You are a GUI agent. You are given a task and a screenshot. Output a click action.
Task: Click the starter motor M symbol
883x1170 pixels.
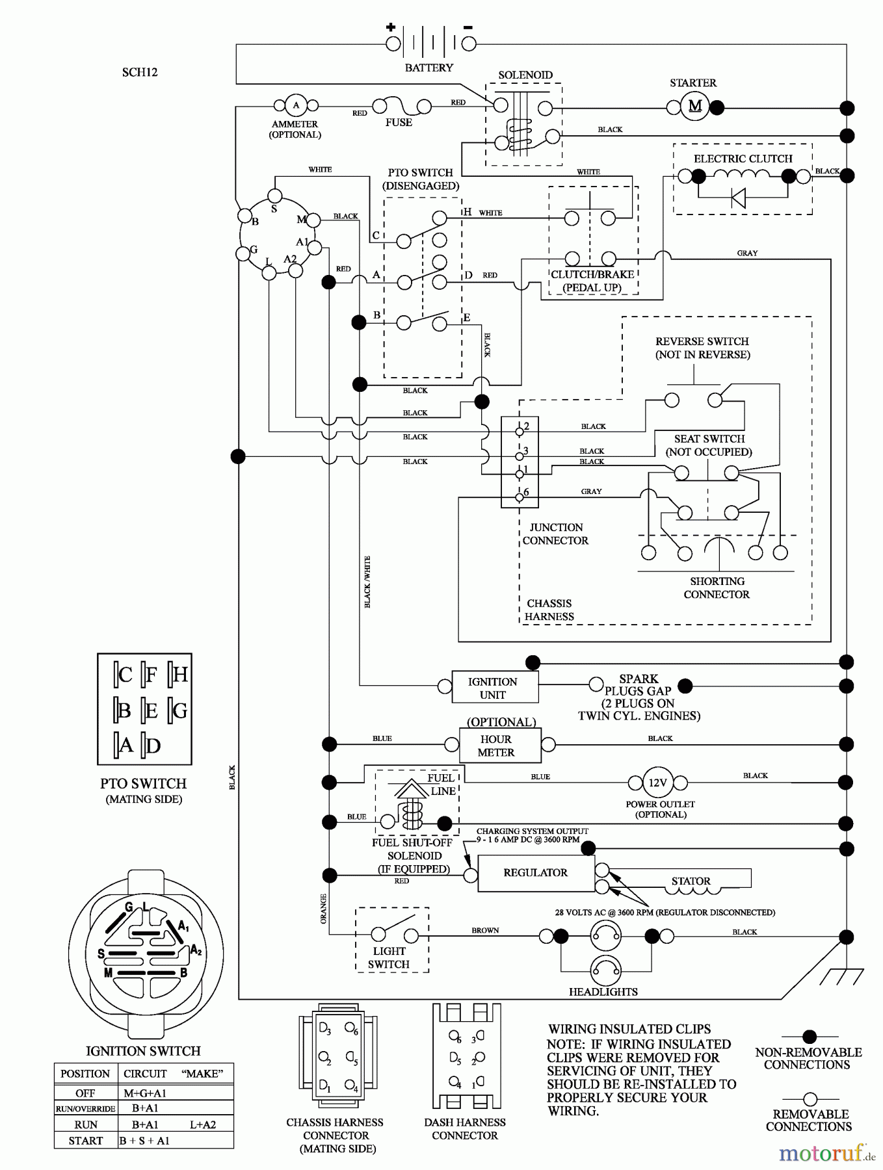(x=694, y=106)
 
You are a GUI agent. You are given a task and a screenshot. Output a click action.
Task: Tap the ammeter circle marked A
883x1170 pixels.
(x=296, y=105)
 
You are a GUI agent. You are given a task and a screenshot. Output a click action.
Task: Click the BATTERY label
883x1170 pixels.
(x=428, y=68)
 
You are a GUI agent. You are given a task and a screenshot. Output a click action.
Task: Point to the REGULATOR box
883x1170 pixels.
(x=536, y=873)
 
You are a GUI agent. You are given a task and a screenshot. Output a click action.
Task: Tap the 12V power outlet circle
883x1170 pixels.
(x=657, y=783)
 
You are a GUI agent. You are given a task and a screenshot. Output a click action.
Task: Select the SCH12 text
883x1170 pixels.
(x=140, y=72)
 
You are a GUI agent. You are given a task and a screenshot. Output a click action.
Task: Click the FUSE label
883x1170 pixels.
(x=399, y=122)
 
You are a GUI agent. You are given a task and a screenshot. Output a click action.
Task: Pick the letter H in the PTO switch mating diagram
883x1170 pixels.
(x=180, y=675)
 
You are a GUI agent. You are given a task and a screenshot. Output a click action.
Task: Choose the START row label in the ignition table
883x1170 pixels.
(x=85, y=1141)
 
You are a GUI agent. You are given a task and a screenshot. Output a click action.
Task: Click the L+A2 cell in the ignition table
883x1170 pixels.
(x=202, y=1124)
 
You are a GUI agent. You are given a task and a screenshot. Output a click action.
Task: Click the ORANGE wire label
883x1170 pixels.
(x=323, y=908)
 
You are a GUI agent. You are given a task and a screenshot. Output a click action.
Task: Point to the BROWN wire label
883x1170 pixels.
(x=485, y=930)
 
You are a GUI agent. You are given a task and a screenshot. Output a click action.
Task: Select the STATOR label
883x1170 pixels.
(x=691, y=881)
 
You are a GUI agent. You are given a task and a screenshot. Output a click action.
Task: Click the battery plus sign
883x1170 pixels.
(x=391, y=27)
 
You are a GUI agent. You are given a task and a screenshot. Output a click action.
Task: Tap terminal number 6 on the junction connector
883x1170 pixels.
(x=519, y=497)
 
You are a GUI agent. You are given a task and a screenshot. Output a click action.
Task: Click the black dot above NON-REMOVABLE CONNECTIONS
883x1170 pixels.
(x=810, y=1037)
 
